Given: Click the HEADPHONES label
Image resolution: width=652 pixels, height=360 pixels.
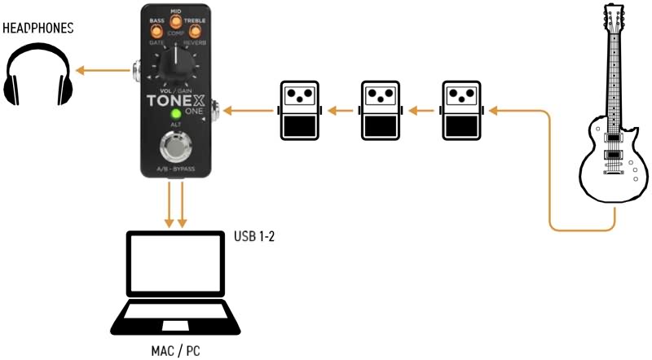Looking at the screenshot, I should click(38, 29).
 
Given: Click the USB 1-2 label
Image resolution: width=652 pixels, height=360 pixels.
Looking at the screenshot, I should click(256, 236).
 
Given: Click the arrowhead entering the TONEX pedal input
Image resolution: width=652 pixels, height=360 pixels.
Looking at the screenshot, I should click(229, 108).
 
